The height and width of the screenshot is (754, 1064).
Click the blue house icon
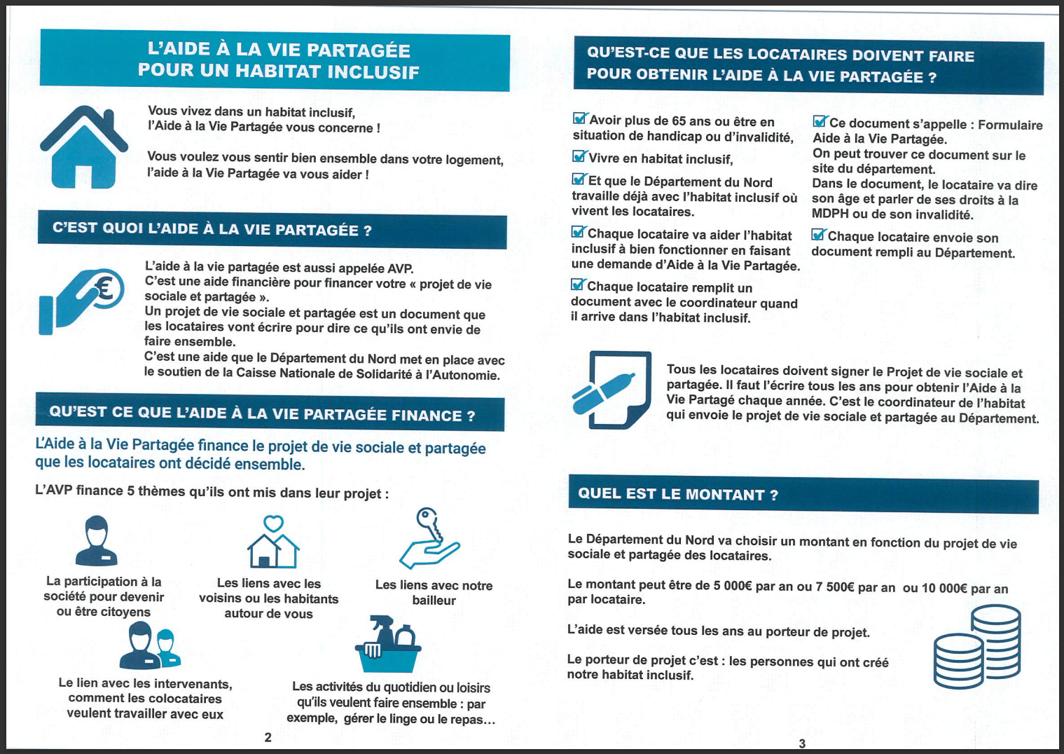coord(84,146)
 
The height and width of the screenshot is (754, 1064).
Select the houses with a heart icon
coord(273,542)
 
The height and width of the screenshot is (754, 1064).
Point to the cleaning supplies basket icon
coord(387,644)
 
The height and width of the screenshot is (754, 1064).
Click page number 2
coord(268,737)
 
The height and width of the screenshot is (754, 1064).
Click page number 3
coord(802,743)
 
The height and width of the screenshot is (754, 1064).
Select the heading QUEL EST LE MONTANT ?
coord(677,494)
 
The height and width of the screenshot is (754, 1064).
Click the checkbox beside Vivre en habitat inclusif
coord(579,156)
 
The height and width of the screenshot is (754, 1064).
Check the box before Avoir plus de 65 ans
coord(580,118)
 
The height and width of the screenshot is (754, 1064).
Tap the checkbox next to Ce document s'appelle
coord(820,122)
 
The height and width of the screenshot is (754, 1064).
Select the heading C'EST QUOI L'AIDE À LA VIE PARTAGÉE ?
coord(212,230)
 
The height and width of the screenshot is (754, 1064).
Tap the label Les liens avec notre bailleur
coord(434,592)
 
